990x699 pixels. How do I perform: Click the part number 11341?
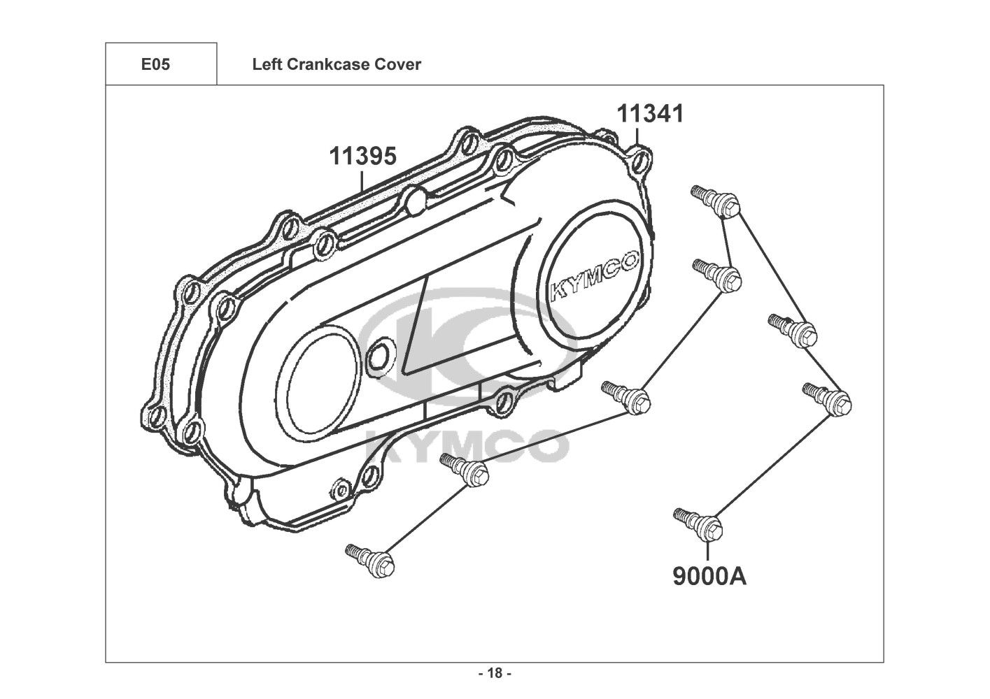[x=650, y=113]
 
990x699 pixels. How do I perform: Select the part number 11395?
[x=363, y=156]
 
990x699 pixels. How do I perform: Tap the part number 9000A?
[x=709, y=576]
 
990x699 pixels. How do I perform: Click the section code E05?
[x=155, y=64]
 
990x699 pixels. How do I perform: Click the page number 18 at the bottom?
[x=495, y=673]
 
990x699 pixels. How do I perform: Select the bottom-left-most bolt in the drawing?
[x=369, y=561]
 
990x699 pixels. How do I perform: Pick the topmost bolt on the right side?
[x=715, y=201]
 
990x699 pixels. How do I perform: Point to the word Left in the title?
[x=267, y=64]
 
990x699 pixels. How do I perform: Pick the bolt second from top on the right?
[x=717, y=275]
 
